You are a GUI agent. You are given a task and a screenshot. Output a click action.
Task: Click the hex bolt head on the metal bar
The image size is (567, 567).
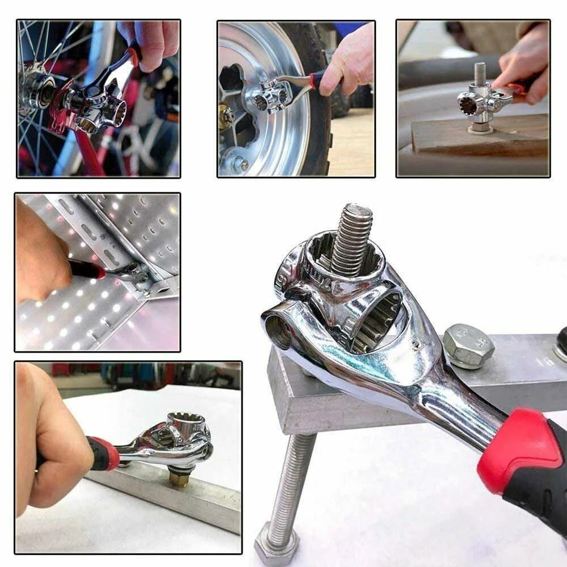click(468, 346)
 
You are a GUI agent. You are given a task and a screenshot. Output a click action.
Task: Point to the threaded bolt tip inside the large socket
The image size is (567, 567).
click(351, 238)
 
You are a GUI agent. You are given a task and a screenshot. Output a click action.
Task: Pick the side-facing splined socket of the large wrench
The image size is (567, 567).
click(374, 318)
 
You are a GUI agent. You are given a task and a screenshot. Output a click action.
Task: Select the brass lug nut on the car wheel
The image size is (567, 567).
click(226, 116)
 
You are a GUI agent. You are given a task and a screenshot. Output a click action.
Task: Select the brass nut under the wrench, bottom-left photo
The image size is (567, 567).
click(179, 478)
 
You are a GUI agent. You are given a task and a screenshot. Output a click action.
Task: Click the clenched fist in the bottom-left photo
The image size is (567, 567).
click(51, 448)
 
